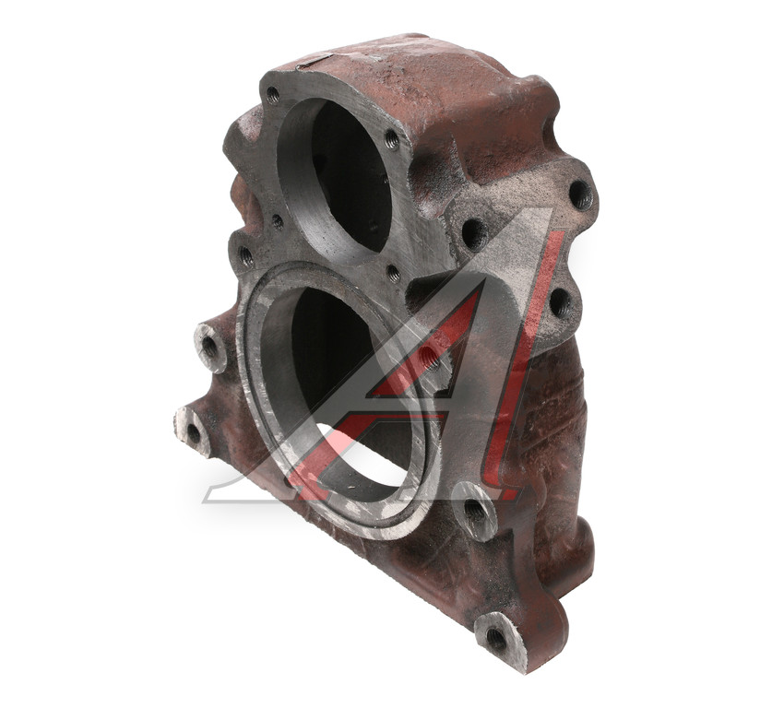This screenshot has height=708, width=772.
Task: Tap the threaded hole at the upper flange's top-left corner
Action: pyautogui.click(x=272, y=93)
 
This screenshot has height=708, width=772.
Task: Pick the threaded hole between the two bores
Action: pyautogui.click(x=394, y=273)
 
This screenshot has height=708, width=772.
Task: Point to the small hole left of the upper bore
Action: pyautogui.click(x=278, y=221)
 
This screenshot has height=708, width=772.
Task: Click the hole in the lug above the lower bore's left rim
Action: pyautogui.click(x=245, y=256)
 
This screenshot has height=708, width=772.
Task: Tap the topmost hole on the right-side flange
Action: pyautogui.click(x=581, y=195)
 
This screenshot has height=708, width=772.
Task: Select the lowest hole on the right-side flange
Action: pyautogui.click(x=560, y=303)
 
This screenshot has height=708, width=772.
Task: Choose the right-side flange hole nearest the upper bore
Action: pyautogui.click(x=475, y=233)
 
